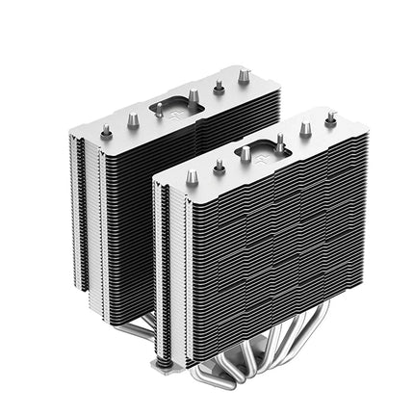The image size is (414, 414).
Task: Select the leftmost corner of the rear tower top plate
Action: (69, 135)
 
